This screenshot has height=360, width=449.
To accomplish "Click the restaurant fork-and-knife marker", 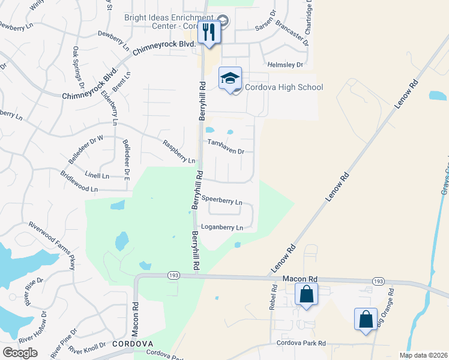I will (209, 31).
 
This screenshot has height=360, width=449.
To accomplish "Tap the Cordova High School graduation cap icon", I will (230, 79).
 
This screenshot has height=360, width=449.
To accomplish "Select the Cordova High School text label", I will (285, 88).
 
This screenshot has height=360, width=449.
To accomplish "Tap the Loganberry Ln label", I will (221, 227).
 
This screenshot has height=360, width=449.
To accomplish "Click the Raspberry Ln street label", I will (179, 152).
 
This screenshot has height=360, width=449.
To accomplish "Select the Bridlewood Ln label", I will (79, 181).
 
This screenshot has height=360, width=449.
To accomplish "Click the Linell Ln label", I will (97, 176).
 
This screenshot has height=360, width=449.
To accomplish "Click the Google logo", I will (20, 352).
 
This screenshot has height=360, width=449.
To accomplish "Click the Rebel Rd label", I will (274, 296).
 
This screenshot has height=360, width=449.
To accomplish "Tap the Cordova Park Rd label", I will (301, 343).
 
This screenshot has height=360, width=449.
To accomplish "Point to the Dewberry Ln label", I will (113, 40).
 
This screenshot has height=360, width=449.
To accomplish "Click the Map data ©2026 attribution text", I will (423, 355).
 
